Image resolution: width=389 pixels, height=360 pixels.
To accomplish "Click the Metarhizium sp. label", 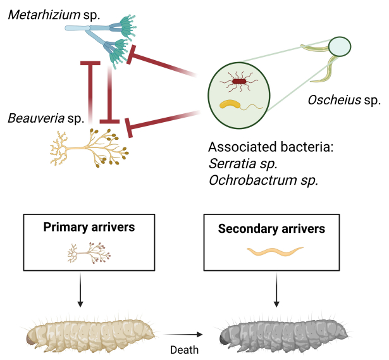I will click(54, 13).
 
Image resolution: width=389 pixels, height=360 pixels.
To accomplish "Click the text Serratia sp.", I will click(243, 164).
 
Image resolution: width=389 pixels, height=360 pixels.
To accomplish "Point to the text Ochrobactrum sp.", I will click(262, 180).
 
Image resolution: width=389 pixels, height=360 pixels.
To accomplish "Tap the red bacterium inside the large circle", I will click(239, 81).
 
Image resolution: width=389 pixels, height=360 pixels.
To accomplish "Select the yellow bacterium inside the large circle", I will click(230, 105).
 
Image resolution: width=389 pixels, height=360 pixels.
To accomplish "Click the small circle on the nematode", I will click(340, 46).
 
